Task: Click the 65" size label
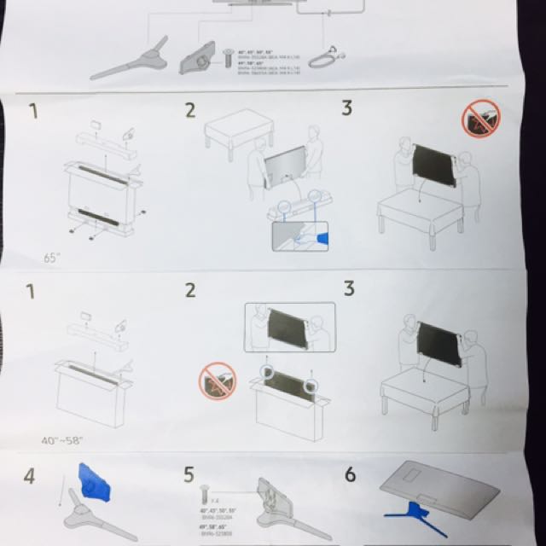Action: tap(52, 255)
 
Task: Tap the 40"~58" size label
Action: tap(57, 441)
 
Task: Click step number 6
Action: tap(351, 474)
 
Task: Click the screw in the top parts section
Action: tap(229, 59)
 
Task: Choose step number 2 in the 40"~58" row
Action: tap(190, 289)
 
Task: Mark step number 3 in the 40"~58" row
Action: tap(348, 288)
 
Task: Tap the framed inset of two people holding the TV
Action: tap(288, 328)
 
